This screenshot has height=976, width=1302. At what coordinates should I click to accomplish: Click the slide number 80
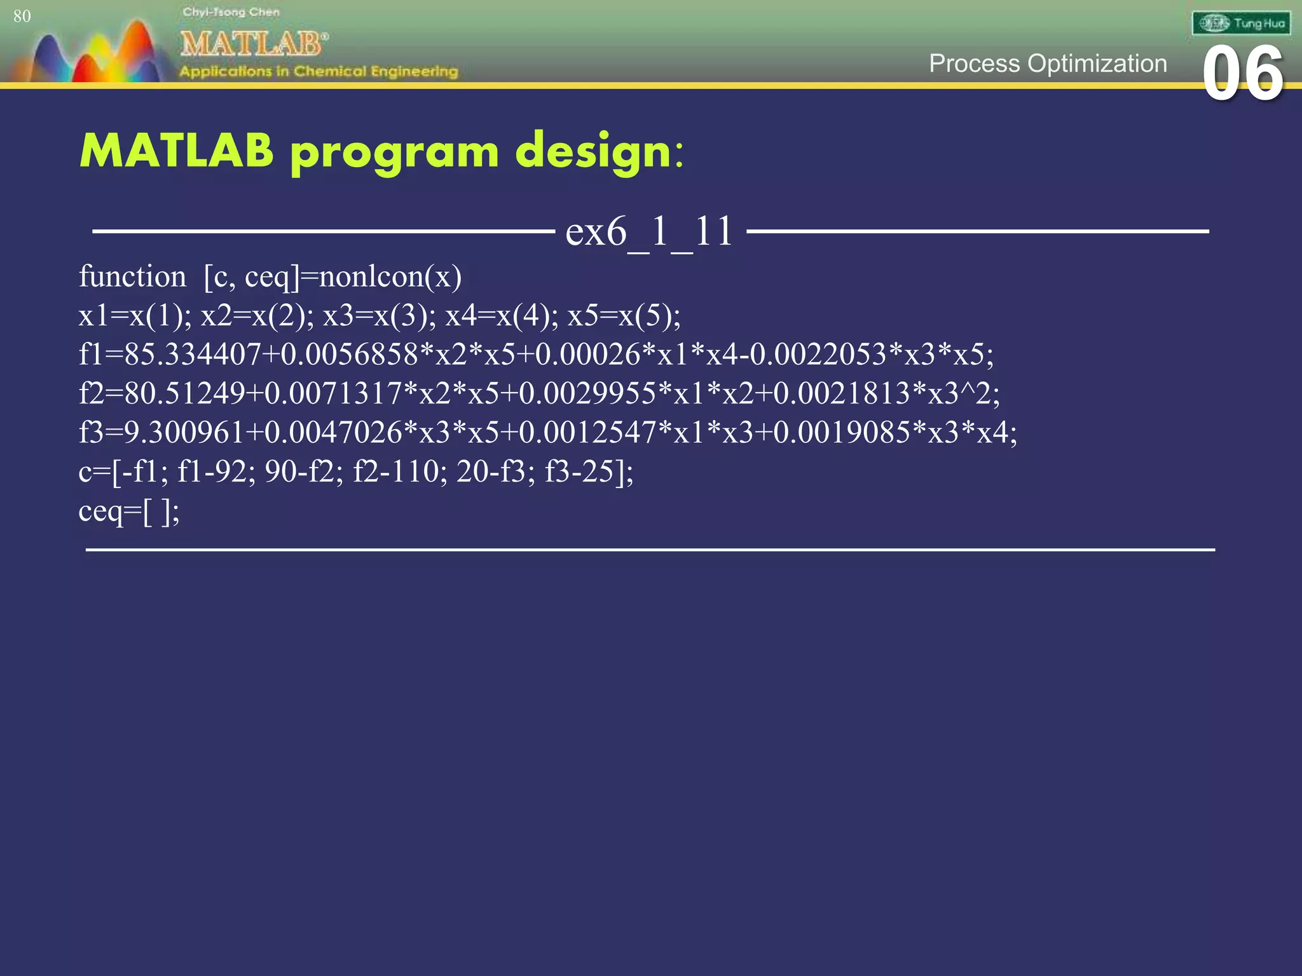point(22,17)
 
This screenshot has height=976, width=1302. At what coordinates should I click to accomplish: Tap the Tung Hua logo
point(1241,24)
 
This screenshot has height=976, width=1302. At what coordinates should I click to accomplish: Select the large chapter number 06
point(1243,74)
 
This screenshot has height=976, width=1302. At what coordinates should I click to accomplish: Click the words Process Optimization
point(1048,64)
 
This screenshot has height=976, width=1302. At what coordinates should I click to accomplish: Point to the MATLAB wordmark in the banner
point(253,44)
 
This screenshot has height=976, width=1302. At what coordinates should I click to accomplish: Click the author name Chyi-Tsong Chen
point(231,12)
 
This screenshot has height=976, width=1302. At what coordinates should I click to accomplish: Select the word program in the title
point(395,152)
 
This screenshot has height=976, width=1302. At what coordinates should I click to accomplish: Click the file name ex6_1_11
point(649,231)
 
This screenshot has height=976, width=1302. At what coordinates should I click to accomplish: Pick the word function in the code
point(132,277)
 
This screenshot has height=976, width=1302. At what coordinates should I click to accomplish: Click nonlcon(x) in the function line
point(390,277)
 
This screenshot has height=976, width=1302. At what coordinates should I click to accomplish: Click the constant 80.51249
point(184,394)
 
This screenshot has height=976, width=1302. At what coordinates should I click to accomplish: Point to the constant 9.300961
point(184,433)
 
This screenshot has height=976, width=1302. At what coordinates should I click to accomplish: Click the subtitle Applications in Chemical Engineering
point(319,71)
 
